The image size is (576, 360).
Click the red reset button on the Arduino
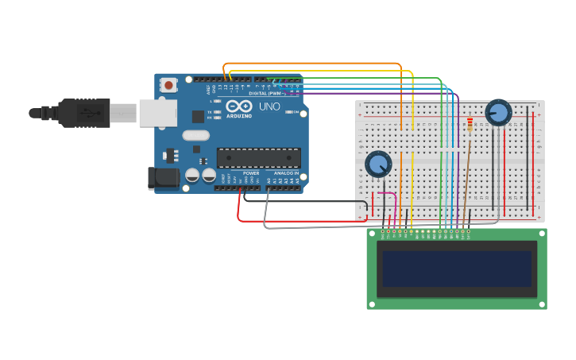click(168, 85)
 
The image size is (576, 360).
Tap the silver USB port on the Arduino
click(157, 113)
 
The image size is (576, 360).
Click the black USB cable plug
click(83, 113)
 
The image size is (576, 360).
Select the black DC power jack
click(164, 178)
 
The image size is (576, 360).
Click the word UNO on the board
click(269, 106)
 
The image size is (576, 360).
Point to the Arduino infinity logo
click(238, 106)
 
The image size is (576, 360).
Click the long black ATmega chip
click(258, 157)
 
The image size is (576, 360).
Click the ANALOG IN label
click(286, 172)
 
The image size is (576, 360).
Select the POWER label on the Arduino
click(251, 172)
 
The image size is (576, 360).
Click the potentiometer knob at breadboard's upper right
click(498, 112)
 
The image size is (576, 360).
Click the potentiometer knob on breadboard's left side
click(378, 165)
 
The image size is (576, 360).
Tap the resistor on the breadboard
click(470, 126)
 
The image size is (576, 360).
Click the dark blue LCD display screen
click(456, 269)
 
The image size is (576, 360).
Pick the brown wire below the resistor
click(467, 175)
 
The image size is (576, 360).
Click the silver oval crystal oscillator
click(195, 135)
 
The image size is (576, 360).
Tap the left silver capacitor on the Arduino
click(191, 175)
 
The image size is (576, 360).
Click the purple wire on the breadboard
click(458, 159)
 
